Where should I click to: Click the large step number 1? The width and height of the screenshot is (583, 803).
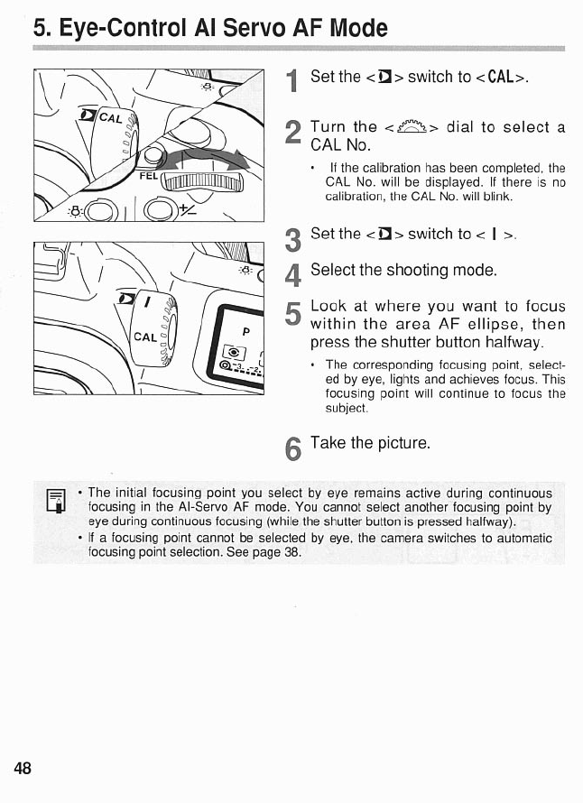tap(291, 82)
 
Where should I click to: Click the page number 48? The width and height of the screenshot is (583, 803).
tap(23, 769)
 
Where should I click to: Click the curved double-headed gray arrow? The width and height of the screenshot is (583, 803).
tap(202, 162)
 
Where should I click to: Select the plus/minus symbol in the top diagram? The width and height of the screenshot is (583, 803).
tap(189, 210)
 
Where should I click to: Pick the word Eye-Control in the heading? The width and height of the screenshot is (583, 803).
tap(114, 28)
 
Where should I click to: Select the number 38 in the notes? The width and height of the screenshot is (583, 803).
tap(291, 552)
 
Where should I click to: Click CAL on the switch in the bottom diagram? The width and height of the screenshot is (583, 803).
tap(145, 338)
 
